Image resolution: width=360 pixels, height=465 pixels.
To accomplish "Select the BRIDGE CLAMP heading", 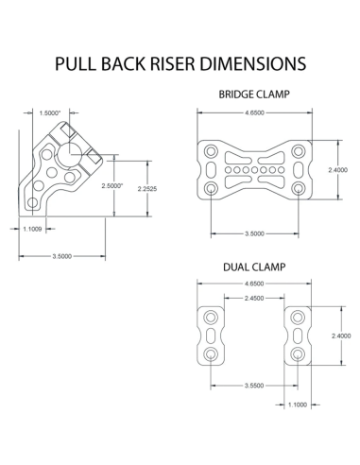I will (253, 95).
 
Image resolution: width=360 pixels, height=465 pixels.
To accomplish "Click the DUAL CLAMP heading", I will (253, 267).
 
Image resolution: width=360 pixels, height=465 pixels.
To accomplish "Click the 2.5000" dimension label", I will (114, 185).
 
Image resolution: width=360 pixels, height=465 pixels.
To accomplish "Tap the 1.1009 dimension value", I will (33, 229).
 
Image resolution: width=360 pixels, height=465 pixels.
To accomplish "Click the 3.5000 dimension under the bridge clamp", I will (253, 232).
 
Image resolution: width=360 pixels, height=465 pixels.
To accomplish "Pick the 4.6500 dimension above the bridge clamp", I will (253, 112).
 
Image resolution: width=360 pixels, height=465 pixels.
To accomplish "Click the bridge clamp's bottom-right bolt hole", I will (299, 189).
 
